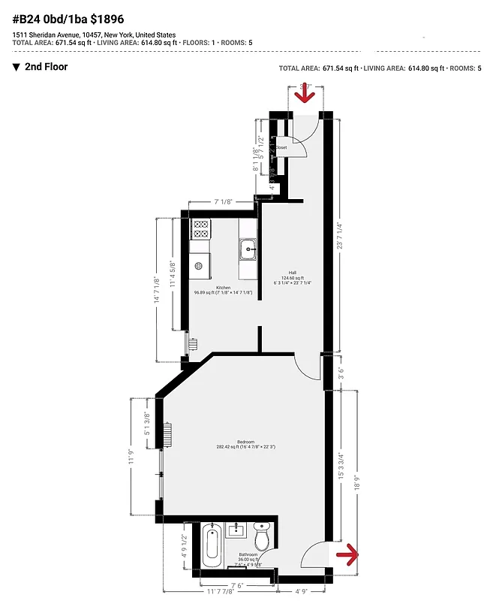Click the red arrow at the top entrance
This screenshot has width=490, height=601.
coord(305,98)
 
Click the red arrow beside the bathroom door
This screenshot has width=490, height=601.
coord(347,555)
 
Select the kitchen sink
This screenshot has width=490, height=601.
coord(248,247)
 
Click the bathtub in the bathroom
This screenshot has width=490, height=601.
coord(211,546)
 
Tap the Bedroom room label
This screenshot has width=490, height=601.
coord(245,442)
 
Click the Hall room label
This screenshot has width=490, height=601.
coord(293,273)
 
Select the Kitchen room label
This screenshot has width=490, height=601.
coord(224,288)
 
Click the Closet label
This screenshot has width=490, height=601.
coord(281,147)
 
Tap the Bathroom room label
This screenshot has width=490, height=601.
coord(247,555)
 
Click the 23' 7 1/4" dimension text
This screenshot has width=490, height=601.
coord(339,236)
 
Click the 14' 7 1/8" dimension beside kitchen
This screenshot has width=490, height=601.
coord(157,291)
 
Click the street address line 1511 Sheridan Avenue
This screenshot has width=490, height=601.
coord(94,35)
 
